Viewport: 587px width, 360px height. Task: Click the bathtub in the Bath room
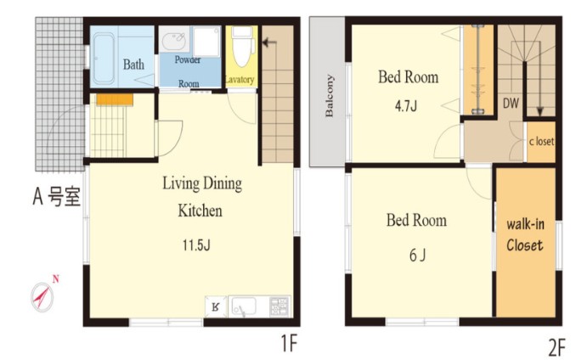[x=104, y=59]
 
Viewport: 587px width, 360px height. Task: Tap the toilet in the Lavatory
[x=242, y=46]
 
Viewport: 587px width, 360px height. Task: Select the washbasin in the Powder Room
[x=174, y=40]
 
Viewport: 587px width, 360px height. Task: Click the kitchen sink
[x=243, y=307]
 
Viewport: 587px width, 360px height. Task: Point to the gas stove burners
[x=279, y=306]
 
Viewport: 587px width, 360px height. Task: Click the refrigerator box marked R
[x=216, y=307]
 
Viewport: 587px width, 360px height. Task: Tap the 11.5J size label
[x=196, y=245]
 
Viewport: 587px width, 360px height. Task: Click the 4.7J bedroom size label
[x=406, y=106]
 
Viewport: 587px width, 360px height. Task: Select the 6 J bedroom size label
[x=417, y=256]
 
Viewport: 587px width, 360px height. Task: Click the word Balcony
[x=329, y=96]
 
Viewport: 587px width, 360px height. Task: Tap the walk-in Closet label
[x=525, y=235]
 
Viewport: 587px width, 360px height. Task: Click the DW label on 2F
[x=511, y=104]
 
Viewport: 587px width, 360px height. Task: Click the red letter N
[x=56, y=278]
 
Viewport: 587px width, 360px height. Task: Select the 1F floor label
[x=289, y=343]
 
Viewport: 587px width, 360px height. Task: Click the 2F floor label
[x=556, y=347]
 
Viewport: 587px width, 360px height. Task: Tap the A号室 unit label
[x=57, y=196]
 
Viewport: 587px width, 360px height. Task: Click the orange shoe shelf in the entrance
[x=115, y=99]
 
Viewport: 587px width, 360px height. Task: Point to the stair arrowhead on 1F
[x=265, y=42]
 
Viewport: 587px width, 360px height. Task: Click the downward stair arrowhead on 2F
[x=539, y=111]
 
